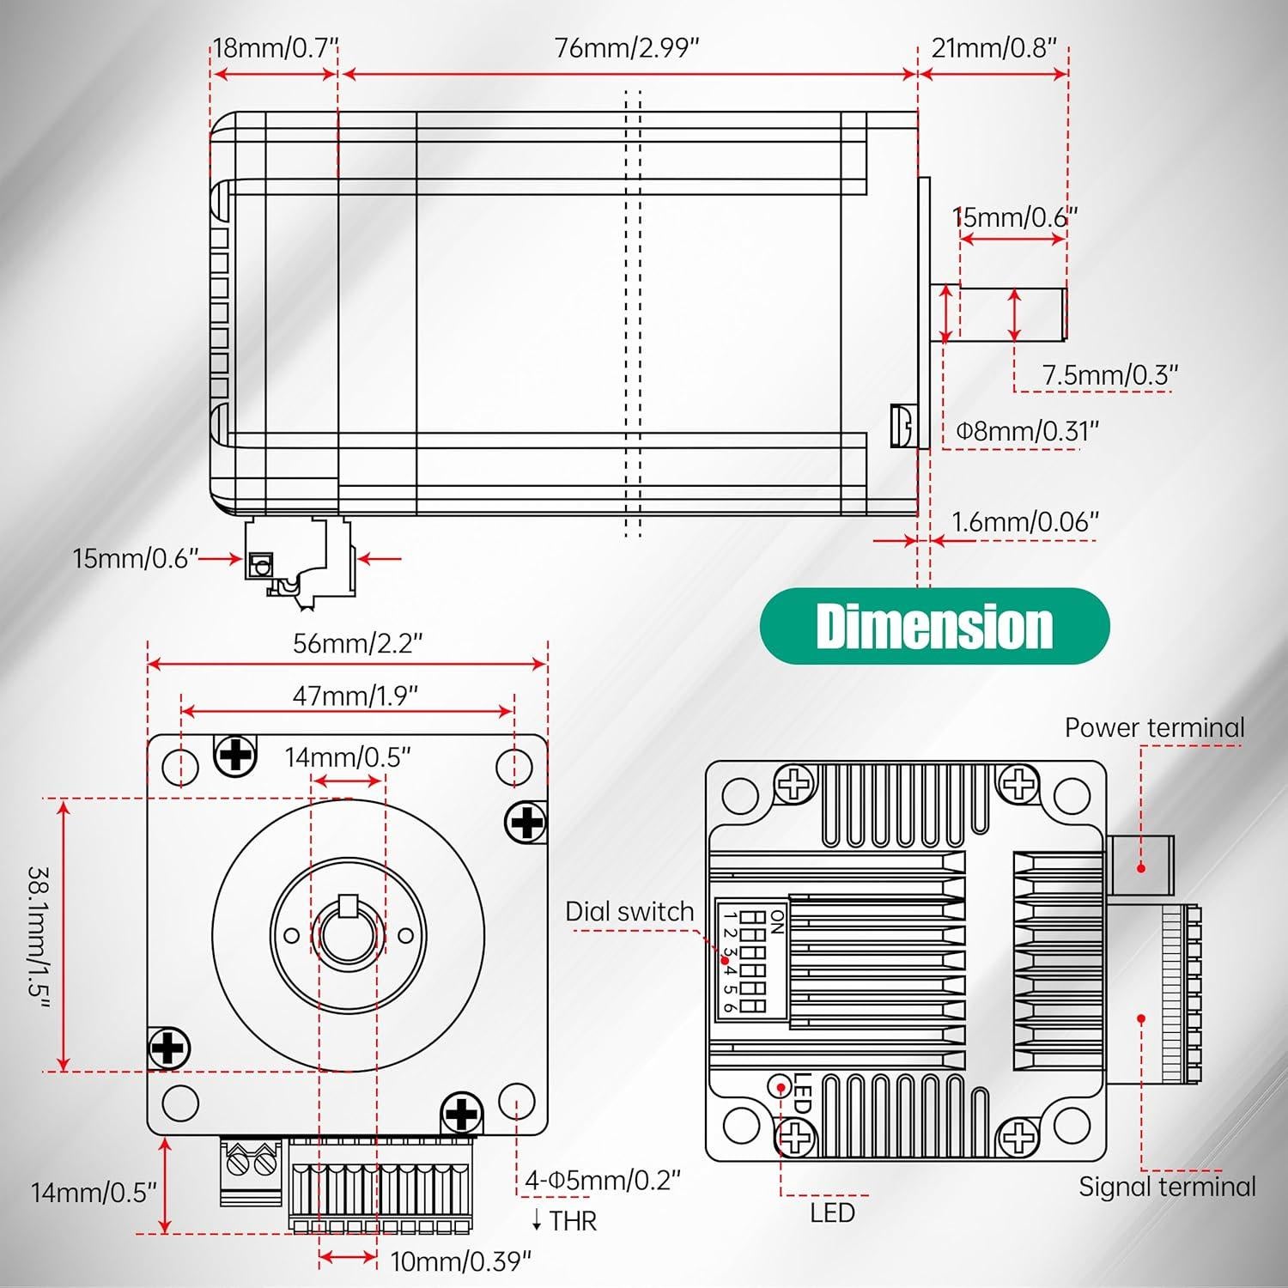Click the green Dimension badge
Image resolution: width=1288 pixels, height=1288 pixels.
(935, 626)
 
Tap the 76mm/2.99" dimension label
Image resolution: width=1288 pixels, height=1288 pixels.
(628, 48)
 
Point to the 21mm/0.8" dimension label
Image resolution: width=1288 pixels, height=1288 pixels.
(993, 47)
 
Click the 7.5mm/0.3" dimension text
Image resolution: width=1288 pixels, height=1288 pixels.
(1110, 375)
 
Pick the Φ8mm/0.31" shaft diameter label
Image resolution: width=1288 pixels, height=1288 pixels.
(1028, 430)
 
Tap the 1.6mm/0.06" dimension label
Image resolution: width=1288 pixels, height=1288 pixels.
(1025, 521)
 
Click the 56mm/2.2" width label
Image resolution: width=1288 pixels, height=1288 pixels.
(358, 643)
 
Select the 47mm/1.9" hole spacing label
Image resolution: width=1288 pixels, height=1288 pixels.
(355, 695)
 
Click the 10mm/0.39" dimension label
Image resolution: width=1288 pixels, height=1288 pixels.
(461, 1261)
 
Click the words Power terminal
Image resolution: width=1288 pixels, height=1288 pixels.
(1154, 727)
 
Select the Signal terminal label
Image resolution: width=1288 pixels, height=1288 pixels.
(1167, 1187)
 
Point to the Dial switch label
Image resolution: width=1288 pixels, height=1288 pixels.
(629, 912)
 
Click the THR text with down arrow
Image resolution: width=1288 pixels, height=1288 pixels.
(564, 1220)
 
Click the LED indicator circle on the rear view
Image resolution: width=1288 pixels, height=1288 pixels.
(781, 1086)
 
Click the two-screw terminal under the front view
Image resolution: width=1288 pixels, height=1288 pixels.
(250, 1171)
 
